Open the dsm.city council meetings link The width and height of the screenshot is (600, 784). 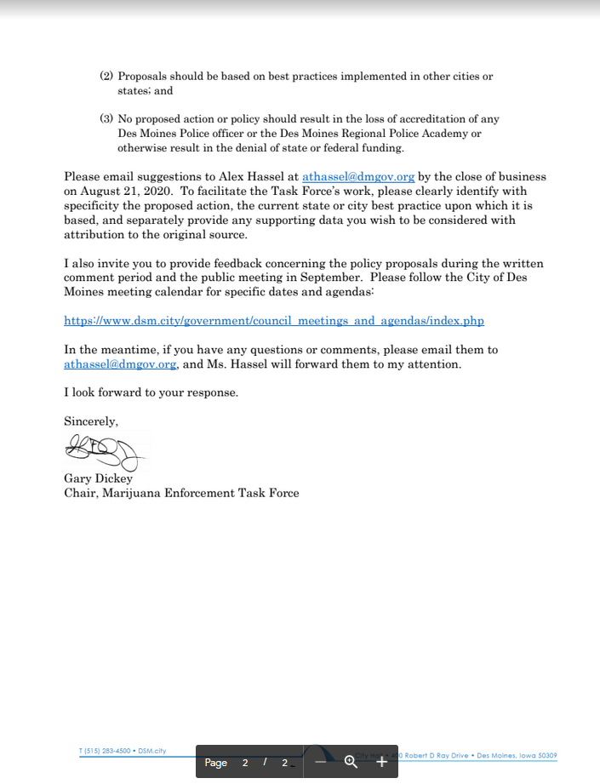(x=274, y=321)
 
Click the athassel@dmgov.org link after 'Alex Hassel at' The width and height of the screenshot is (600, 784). (x=358, y=177)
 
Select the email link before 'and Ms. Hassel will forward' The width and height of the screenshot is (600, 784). (x=120, y=364)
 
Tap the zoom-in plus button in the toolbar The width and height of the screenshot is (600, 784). (x=381, y=762)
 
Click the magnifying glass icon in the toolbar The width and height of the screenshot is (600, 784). (x=350, y=762)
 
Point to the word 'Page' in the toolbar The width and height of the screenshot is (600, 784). (x=216, y=763)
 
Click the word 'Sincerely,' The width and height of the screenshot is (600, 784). (x=91, y=421)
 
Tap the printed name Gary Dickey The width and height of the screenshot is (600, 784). (x=98, y=478)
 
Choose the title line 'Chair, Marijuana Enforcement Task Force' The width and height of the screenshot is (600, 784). (x=181, y=493)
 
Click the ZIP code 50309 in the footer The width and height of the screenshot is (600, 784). (x=546, y=755)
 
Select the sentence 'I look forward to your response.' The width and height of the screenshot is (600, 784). (x=151, y=393)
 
